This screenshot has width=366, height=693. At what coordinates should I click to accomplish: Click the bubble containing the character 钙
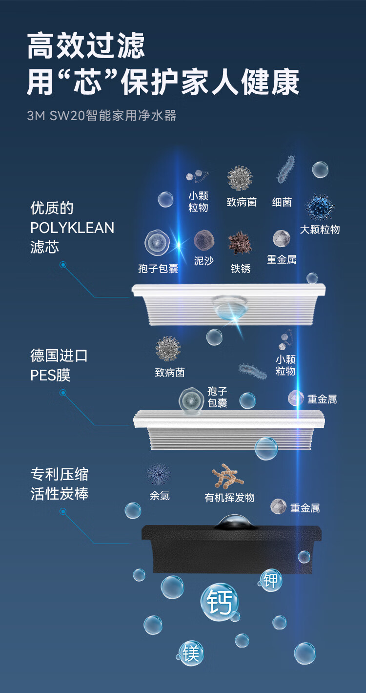coord(219,603)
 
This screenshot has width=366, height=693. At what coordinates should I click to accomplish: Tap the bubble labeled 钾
coord(271,580)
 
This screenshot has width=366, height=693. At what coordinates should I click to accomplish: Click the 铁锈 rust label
coord(240,268)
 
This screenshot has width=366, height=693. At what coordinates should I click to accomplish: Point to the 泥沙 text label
coord(204,261)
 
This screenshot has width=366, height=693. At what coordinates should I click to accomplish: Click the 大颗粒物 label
coord(320,229)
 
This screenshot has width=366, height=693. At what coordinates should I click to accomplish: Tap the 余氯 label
coord(160,496)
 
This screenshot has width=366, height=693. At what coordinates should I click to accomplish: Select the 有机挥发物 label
coord(229,498)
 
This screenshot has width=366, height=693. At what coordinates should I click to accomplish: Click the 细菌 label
coord(282,202)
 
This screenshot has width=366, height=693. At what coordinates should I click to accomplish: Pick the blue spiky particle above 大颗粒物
coord(320,207)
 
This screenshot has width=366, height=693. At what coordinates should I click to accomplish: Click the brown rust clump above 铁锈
coord(240,243)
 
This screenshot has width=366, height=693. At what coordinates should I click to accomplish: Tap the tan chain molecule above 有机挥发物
coord(227,476)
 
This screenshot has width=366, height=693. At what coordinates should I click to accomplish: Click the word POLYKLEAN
coord(72,228)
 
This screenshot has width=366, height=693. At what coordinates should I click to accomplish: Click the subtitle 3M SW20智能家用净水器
coord(102,116)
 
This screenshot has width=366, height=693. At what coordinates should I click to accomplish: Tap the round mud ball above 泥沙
coord(204,240)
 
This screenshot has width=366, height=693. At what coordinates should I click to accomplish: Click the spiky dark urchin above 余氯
coord(159,474)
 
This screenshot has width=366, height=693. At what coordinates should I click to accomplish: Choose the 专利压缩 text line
coord(60,474)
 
